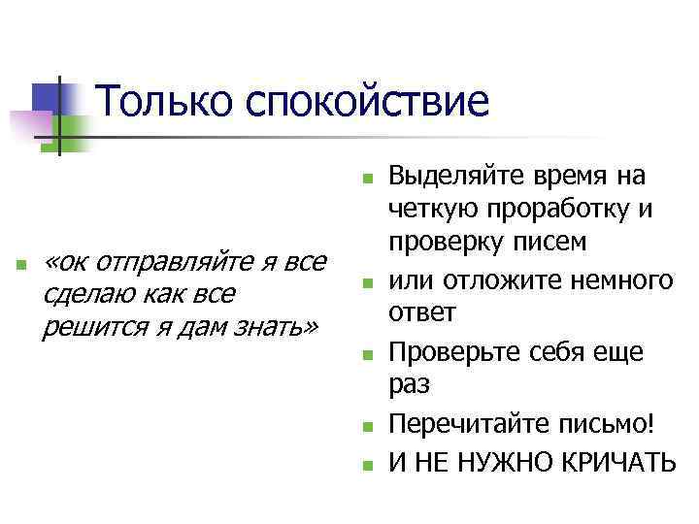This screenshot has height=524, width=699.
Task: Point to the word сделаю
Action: pyautogui.click(x=85, y=294)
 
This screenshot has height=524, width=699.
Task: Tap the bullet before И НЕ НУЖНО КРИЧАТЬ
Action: pyautogui.click(x=365, y=464)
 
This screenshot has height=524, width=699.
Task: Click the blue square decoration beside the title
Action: pyautogui.click(x=46, y=97)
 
